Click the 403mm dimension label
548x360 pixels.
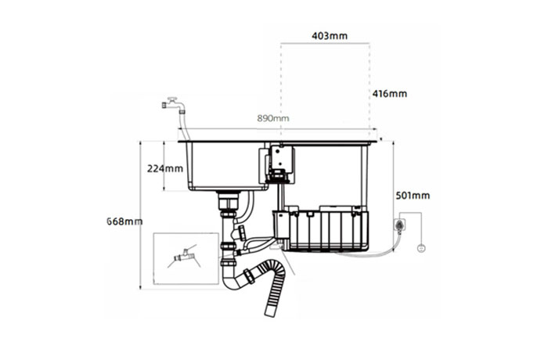pyautogui.click(x=330, y=36)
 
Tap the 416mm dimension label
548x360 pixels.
pyautogui.click(x=390, y=94)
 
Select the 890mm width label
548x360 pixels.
pyautogui.click(x=273, y=118)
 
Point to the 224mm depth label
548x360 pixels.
pyautogui.click(x=165, y=168)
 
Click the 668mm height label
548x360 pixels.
pyautogui.click(x=124, y=221)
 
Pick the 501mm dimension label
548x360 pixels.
pyautogui.click(x=413, y=196)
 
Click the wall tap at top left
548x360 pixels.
pyautogui.click(x=173, y=105)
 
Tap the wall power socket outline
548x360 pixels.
pyautogui.click(x=399, y=225)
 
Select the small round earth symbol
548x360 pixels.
pyautogui.click(x=421, y=249)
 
